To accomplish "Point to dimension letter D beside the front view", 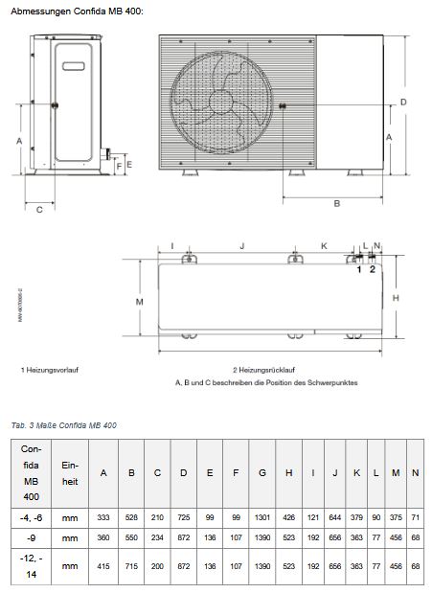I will pos(403,102).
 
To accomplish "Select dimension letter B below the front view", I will pos(336,203).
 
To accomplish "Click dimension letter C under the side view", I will pos(39,210).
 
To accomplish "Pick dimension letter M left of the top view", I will pos(139,301).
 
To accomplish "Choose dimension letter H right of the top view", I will pos(396,298).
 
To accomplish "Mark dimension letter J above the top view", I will pos(241,246).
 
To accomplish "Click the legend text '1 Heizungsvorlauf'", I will pos(50,369).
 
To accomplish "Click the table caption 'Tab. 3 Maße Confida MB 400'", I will pos(64,424).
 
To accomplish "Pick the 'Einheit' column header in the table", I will pos(70,472).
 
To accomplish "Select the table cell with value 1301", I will pos(262,516).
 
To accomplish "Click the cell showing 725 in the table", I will pos(184,516).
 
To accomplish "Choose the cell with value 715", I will pos(130,565).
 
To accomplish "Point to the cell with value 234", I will pos(157,538).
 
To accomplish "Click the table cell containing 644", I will pos(334,516).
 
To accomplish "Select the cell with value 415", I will pos(103,565).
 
